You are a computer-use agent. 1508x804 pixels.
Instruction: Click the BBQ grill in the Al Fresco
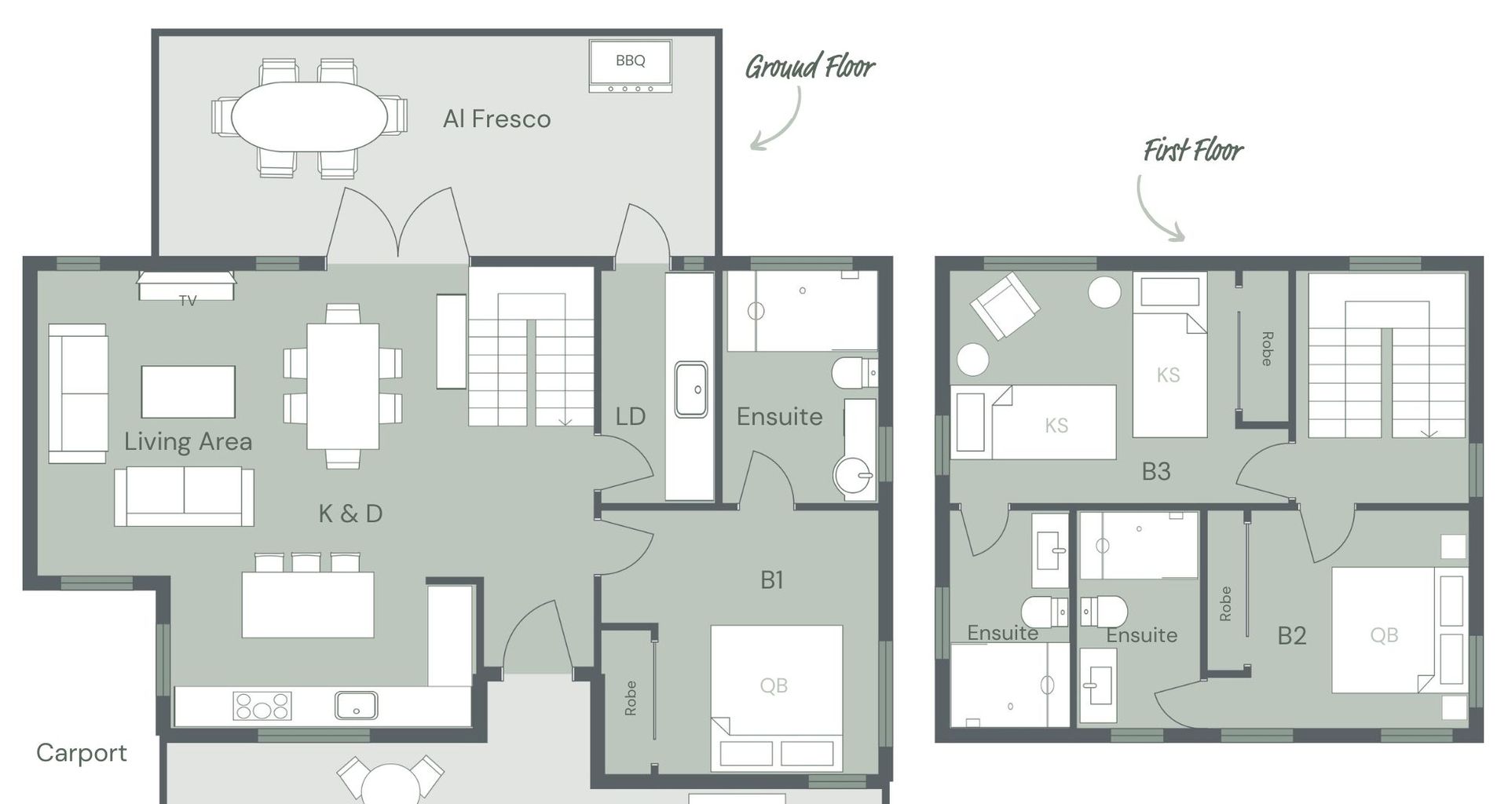630,67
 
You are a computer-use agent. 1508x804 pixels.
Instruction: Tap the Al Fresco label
496,119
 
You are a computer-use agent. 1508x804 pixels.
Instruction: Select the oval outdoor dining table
309,117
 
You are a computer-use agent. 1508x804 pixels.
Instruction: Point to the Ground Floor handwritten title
810,67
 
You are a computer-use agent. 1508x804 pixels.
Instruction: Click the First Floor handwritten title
1193,150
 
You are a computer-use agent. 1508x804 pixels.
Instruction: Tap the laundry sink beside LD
691,389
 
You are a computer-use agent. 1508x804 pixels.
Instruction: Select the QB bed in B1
777,698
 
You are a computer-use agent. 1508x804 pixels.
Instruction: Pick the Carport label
82,753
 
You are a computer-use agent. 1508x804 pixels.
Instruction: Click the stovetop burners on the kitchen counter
262,706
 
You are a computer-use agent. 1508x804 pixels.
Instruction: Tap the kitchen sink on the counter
356,705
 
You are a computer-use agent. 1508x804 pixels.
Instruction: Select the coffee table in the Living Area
188,392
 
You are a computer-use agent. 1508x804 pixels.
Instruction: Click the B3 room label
1156,471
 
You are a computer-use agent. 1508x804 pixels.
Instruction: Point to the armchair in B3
1005,305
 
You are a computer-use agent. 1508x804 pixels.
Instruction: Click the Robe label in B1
630,698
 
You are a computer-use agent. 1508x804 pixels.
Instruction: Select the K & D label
350,513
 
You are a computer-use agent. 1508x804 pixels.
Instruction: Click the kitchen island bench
308,605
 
